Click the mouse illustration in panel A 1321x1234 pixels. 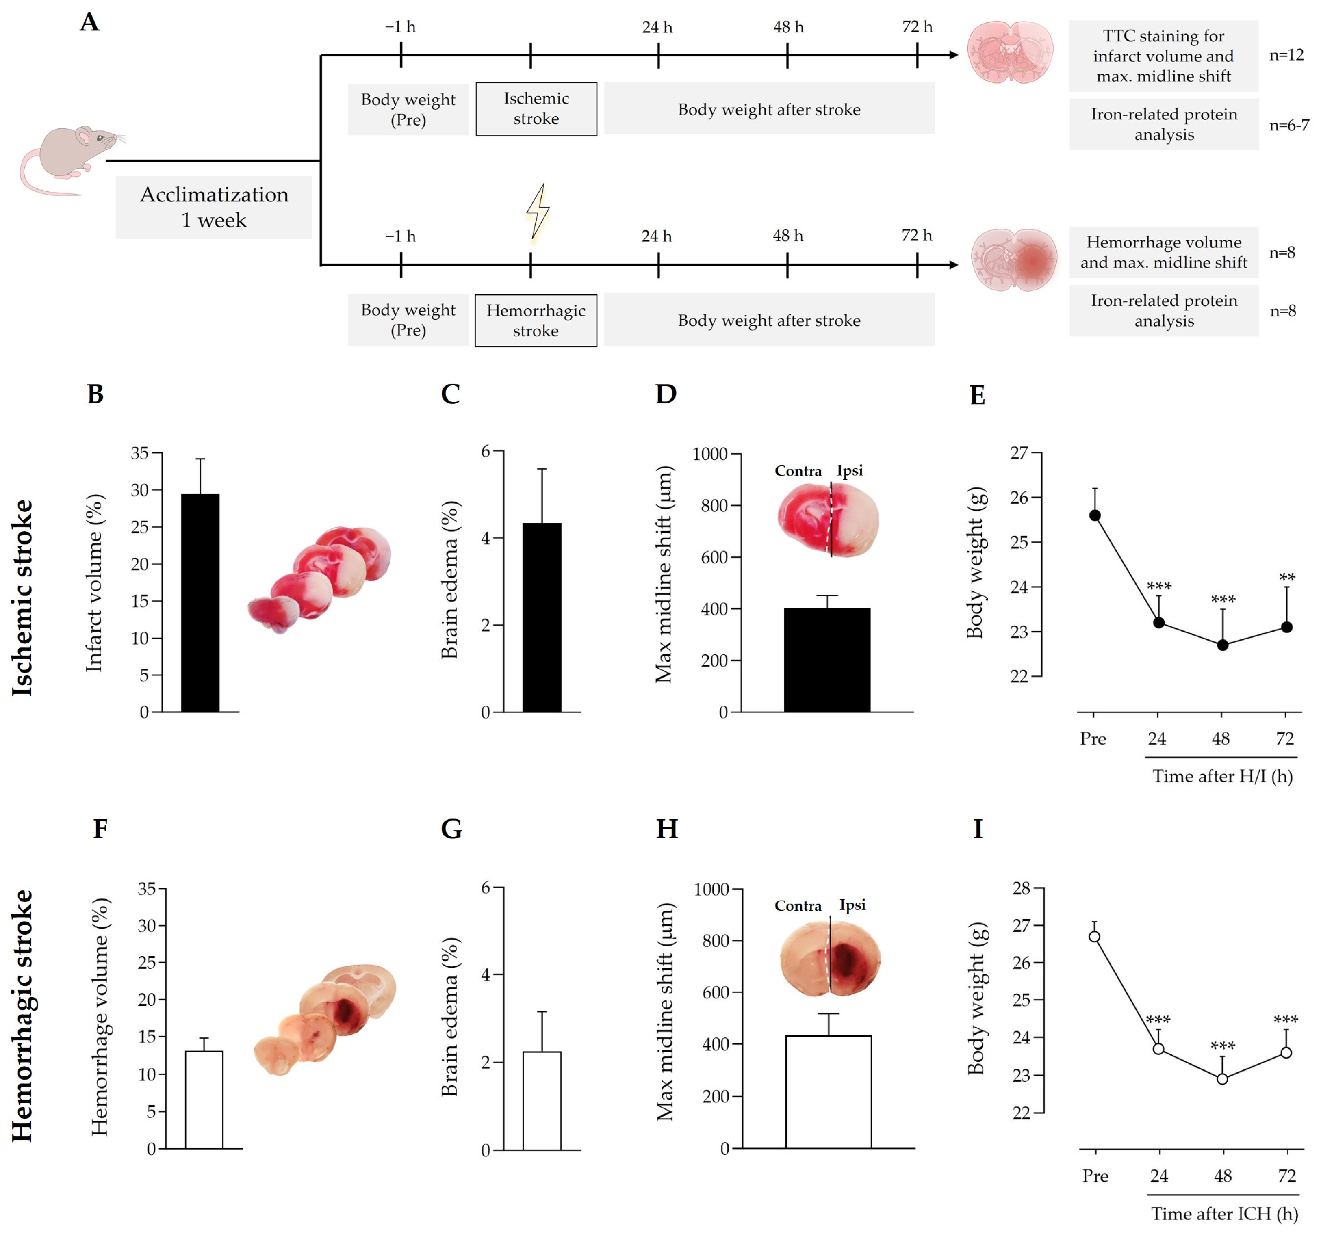click(67, 158)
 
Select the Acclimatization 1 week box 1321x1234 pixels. click(214, 207)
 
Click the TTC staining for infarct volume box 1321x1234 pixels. click(1163, 56)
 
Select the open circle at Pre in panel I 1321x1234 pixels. click(1094, 936)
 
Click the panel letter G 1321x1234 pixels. click(451, 829)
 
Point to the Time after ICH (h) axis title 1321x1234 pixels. click(1224, 1213)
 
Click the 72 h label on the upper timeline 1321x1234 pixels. click(917, 26)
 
